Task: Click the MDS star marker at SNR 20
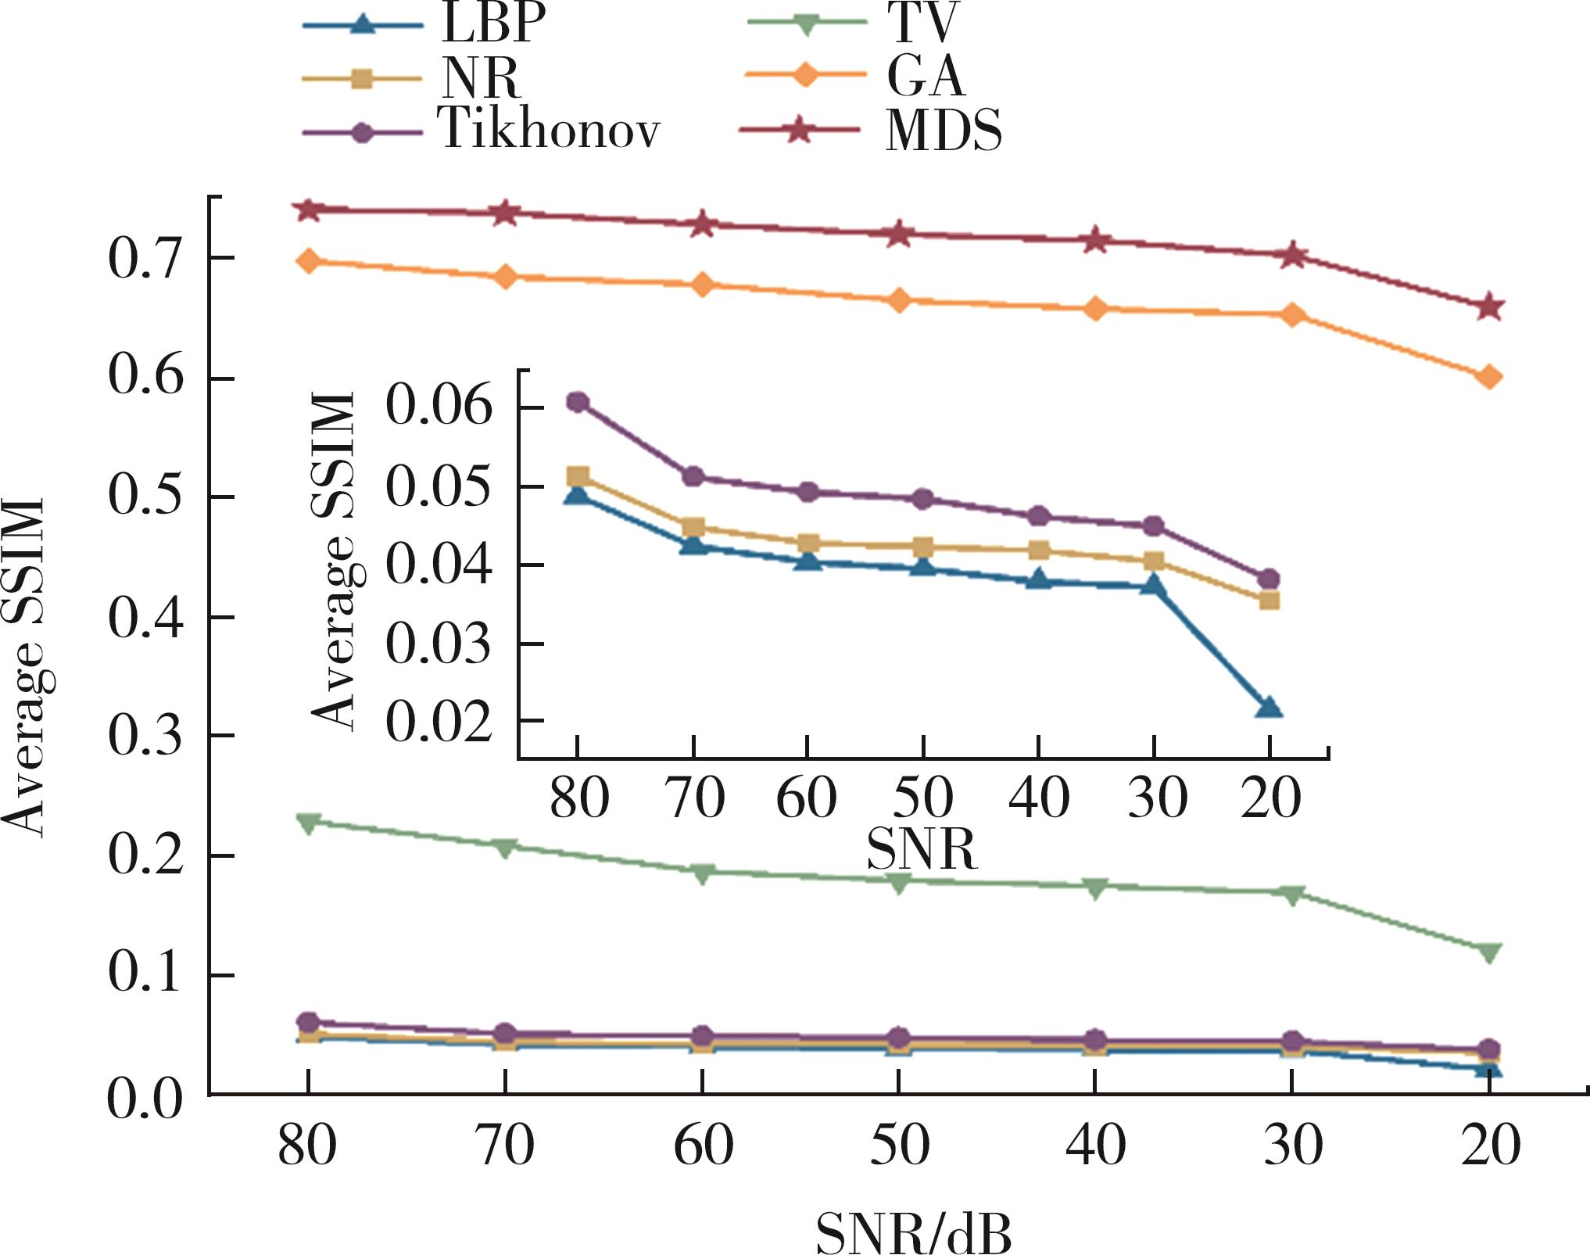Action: coord(1490,307)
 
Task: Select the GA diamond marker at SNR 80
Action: coord(309,260)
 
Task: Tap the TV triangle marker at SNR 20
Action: coord(1490,952)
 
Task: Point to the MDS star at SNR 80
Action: coord(309,210)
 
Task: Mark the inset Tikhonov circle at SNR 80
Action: coord(578,402)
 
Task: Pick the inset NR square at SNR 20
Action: coord(1269,601)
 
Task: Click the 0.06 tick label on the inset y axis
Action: coord(439,407)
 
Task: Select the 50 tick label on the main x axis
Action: coord(900,1146)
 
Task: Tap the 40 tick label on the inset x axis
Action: coord(1039,799)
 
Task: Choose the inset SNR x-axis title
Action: coord(922,849)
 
